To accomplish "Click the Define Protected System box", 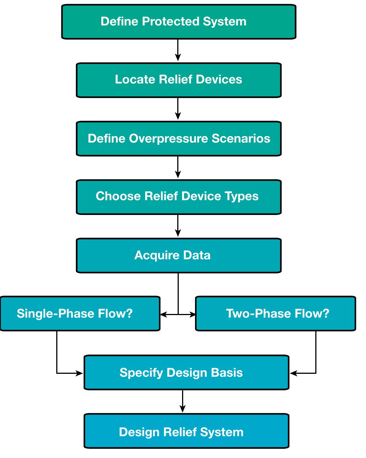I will tap(178, 21).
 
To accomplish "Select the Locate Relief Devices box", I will tap(178, 80).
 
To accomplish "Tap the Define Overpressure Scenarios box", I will tap(178, 139).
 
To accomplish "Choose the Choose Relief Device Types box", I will tap(178, 196).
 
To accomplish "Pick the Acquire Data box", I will tap(178, 255).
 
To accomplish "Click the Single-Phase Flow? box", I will tap(80, 314).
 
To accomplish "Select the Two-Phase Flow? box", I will tap(275, 314).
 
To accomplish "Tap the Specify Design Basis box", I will tap(186, 372).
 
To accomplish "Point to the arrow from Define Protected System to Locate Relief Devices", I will tap(178, 51).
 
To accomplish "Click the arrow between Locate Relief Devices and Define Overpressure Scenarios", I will tap(178, 109).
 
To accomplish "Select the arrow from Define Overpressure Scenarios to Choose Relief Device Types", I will tap(178, 167).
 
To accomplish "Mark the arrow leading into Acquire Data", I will tap(178, 226).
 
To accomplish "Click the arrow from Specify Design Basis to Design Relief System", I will tap(182, 401).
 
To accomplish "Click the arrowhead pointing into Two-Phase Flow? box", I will tap(192, 315).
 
